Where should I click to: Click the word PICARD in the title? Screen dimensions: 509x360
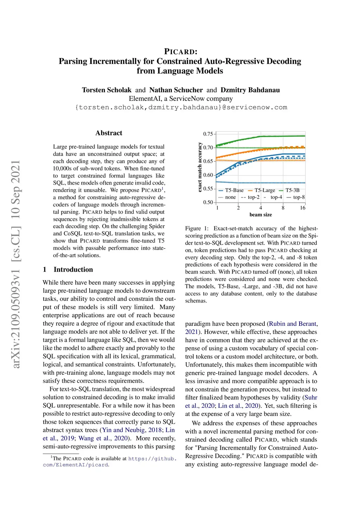pos(181,52)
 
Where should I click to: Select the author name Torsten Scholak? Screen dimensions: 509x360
pos(107,90)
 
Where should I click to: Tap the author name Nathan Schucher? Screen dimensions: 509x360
pos(176,90)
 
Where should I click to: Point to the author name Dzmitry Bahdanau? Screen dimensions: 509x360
pos(250,90)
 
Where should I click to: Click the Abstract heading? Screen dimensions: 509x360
pos(109,133)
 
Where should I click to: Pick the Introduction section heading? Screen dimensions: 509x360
pos(73,270)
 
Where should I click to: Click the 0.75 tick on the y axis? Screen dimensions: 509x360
pos(208,134)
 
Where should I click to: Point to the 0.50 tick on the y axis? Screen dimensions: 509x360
pos(208,202)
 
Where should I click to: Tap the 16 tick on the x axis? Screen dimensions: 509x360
pos(302,208)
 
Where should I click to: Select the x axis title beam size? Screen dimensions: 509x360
pos(261,215)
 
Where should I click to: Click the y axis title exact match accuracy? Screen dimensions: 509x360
pos(200,167)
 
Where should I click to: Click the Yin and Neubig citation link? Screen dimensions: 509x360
pos(123,430)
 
